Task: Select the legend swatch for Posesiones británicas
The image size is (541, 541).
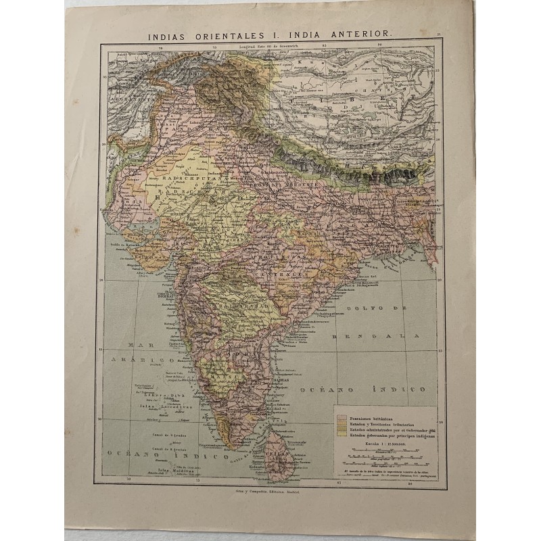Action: point(342,418)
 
